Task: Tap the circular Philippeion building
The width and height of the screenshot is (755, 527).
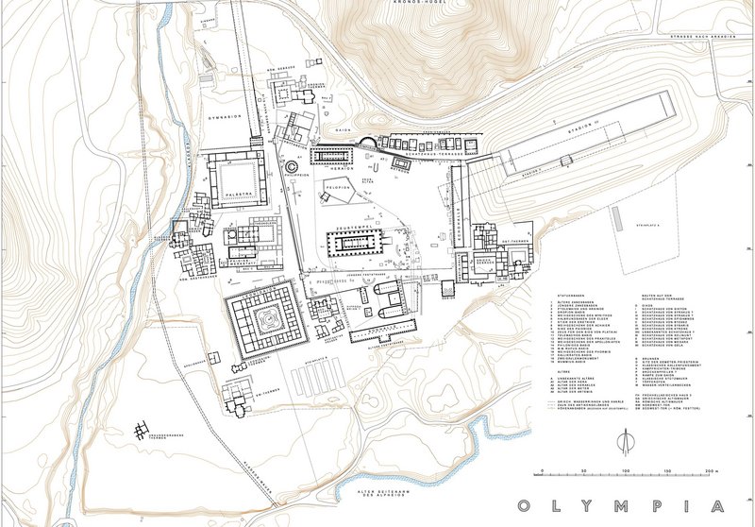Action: [291, 167]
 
